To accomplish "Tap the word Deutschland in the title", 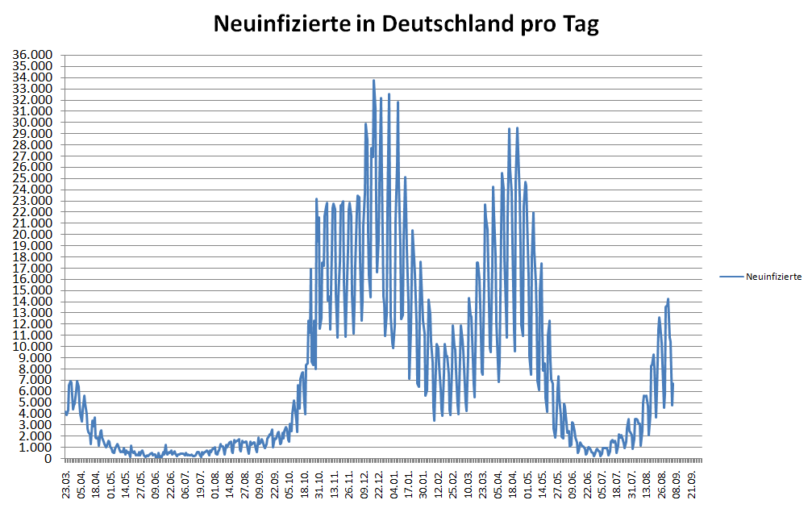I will tap(443, 24).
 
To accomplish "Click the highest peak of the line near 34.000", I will tap(373, 81).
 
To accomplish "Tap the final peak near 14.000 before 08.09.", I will tap(668, 299).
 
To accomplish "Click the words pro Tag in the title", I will tap(556, 24).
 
